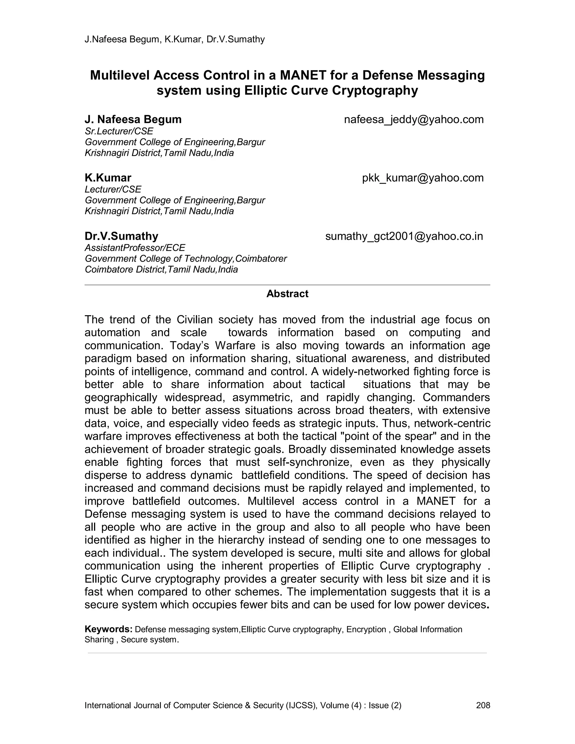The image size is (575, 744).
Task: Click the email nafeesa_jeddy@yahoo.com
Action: (x=414, y=120)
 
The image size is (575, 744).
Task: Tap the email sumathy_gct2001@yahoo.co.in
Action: (x=404, y=236)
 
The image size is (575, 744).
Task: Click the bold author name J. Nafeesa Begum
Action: (x=133, y=120)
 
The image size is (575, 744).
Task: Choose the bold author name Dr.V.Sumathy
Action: (x=121, y=236)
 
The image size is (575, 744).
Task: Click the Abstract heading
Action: (x=287, y=294)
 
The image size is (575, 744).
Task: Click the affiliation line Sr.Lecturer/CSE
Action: (x=119, y=131)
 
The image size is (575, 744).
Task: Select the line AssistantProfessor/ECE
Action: (x=135, y=248)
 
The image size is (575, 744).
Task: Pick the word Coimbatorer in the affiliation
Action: (x=261, y=259)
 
